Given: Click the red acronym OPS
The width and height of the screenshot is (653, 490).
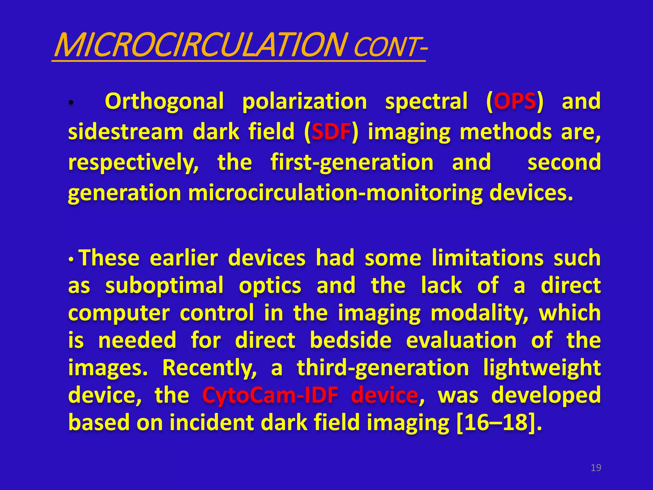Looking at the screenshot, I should tap(515, 101).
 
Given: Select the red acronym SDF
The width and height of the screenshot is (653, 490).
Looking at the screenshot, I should tap(331, 132).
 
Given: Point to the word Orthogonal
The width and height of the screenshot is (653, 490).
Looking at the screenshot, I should tap(164, 101).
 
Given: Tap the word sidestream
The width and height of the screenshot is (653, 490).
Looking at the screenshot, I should tap(126, 132).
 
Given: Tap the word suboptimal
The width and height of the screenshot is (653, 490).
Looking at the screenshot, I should tap(164, 286).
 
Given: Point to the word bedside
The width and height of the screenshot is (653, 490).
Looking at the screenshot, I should tap(350, 340).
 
